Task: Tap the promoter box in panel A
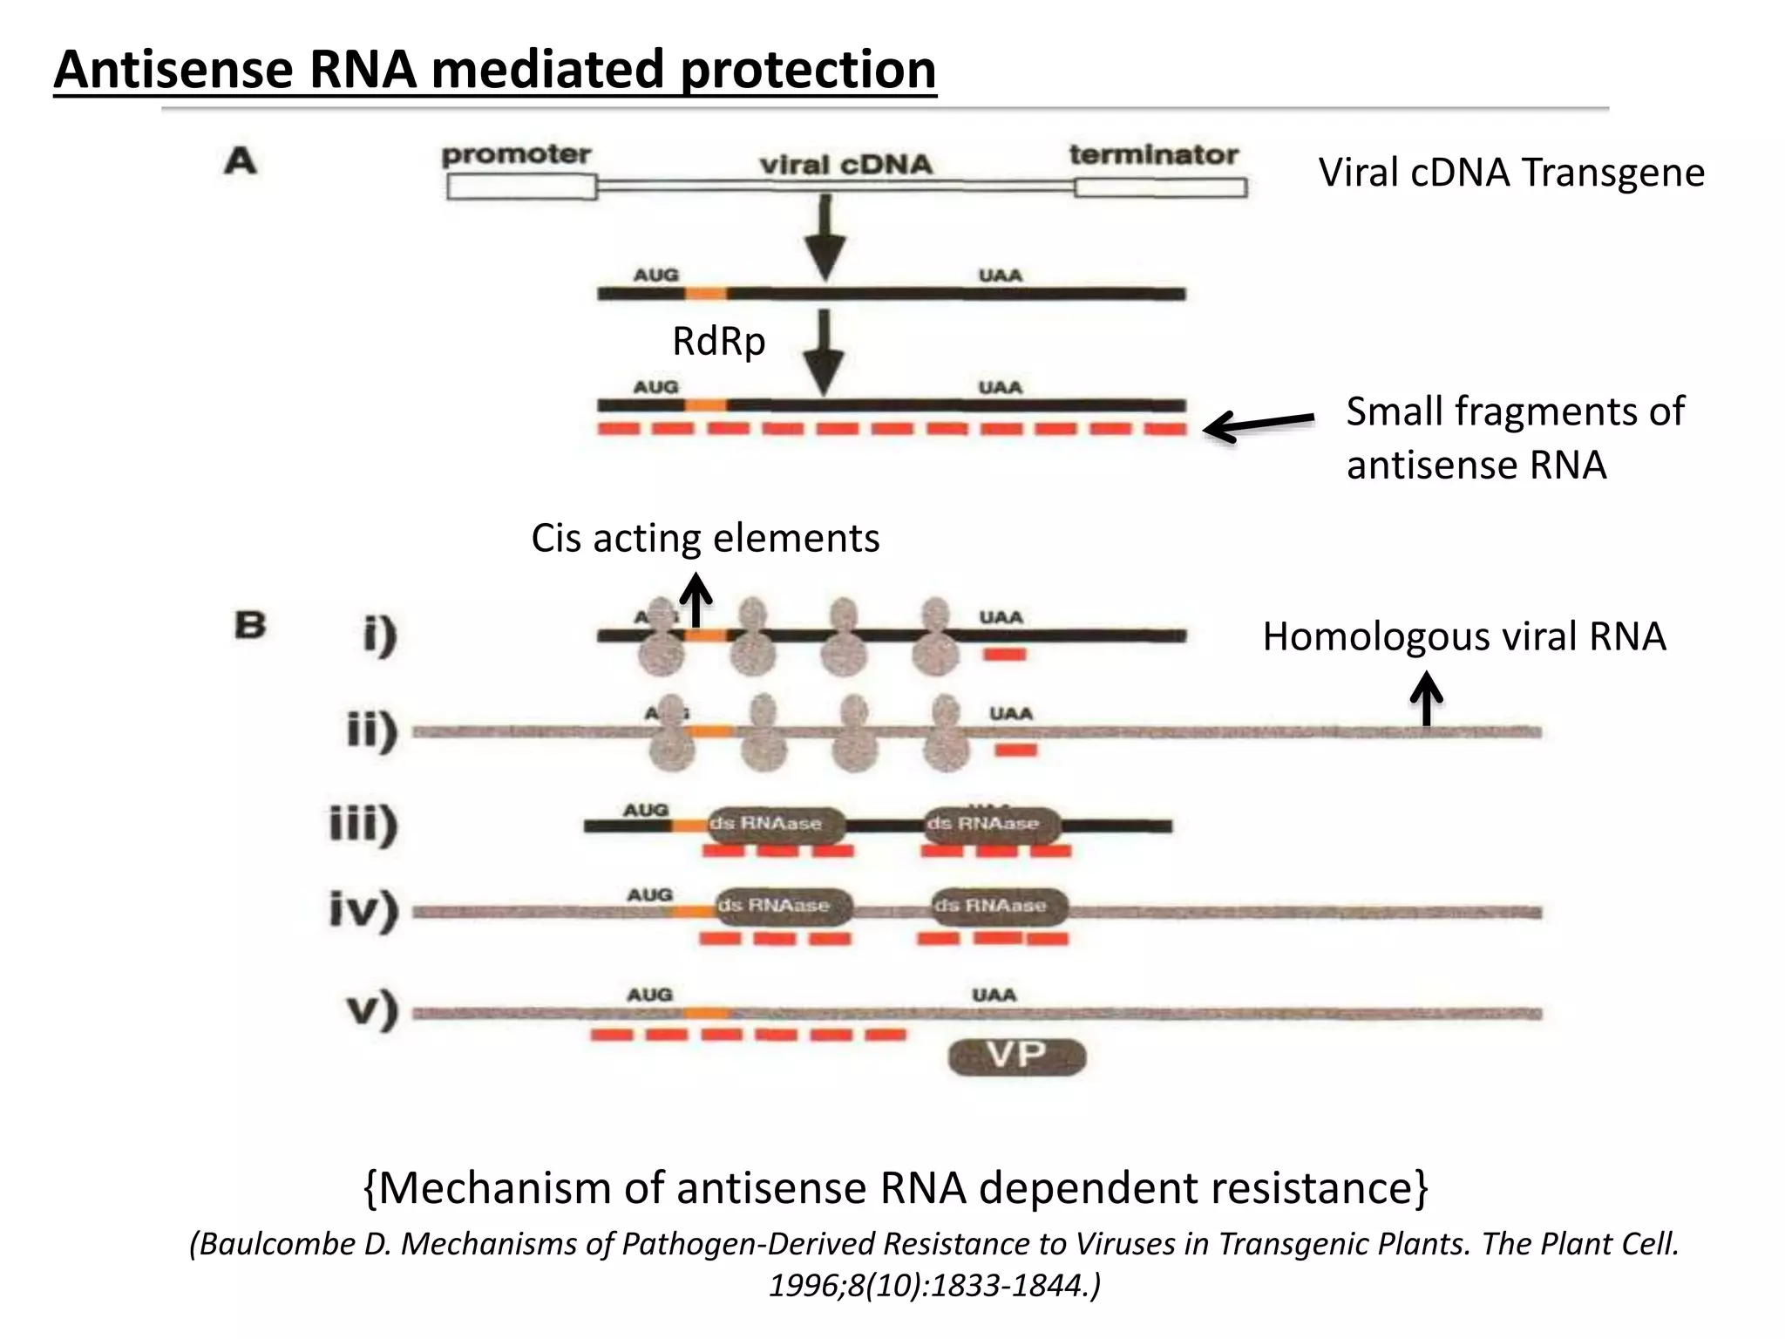(x=521, y=187)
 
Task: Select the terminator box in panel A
(x=1159, y=187)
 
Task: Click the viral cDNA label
(x=845, y=164)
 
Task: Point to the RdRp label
(x=718, y=341)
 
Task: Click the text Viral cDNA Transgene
(x=1510, y=173)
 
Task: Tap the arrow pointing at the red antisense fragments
(x=1259, y=425)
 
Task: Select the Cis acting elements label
(x=705, y=538)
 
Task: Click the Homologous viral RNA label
(x=1464, y=636)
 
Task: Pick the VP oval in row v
(x=1016, y=1057)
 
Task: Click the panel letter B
(x=250, y=625)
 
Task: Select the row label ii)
(x=372, y=731)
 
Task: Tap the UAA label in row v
(x=994, y=995)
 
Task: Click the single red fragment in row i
(x=1004, y=654)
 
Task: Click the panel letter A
(x=241, y=161)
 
